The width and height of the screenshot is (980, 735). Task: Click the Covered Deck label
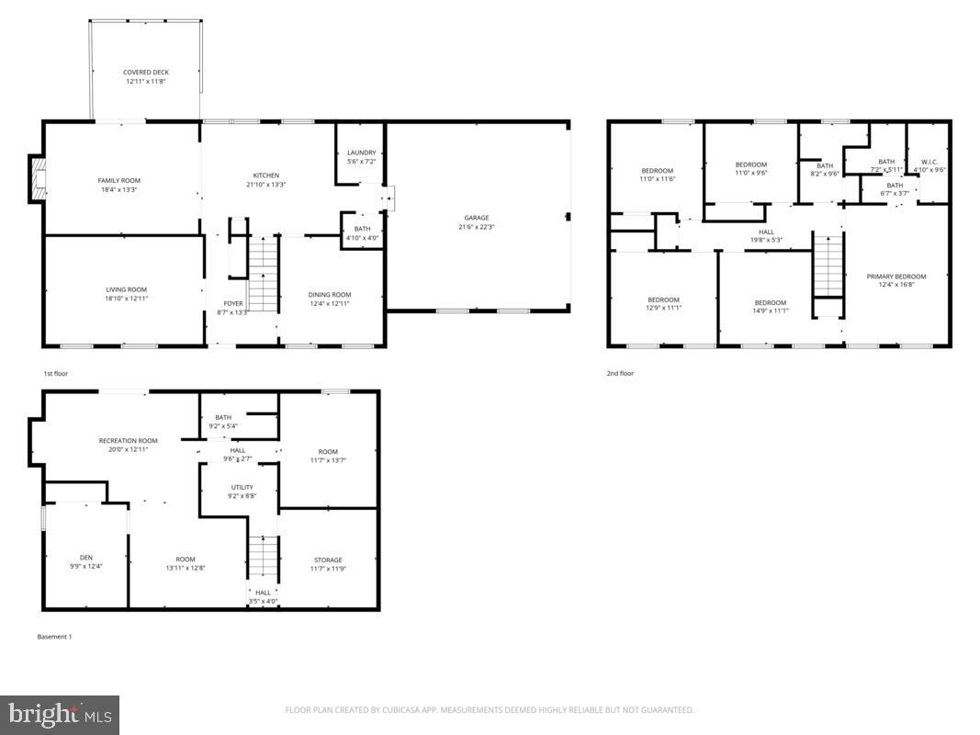(x=147, y=73)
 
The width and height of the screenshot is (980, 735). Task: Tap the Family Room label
(x=119, y=180)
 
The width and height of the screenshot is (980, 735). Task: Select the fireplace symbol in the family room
(x=37, y=179)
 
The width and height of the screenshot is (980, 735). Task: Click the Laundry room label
(x=361, y=153)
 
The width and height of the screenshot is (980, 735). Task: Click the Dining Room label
(x=329, y=295)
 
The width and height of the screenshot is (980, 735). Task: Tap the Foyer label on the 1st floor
(x=233, y=303)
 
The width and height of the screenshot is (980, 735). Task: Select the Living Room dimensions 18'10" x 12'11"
(x=126, y=299)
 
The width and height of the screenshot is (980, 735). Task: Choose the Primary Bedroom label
(x=896, y=277)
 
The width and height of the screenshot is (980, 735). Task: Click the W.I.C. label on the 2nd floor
(x=929, y=162)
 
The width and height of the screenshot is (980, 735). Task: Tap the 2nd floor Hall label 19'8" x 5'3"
(x=766, y=240)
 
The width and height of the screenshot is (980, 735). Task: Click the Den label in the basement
(x=86, y=557)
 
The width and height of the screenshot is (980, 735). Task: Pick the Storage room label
(x=328, y=560)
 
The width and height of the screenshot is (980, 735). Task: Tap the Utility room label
(x=242, y=488)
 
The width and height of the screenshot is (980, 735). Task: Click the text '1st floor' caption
(x=55, y=374)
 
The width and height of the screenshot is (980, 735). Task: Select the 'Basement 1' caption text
(x=54, y=637)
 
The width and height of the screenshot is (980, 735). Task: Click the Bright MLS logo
(x=60, y=714)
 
